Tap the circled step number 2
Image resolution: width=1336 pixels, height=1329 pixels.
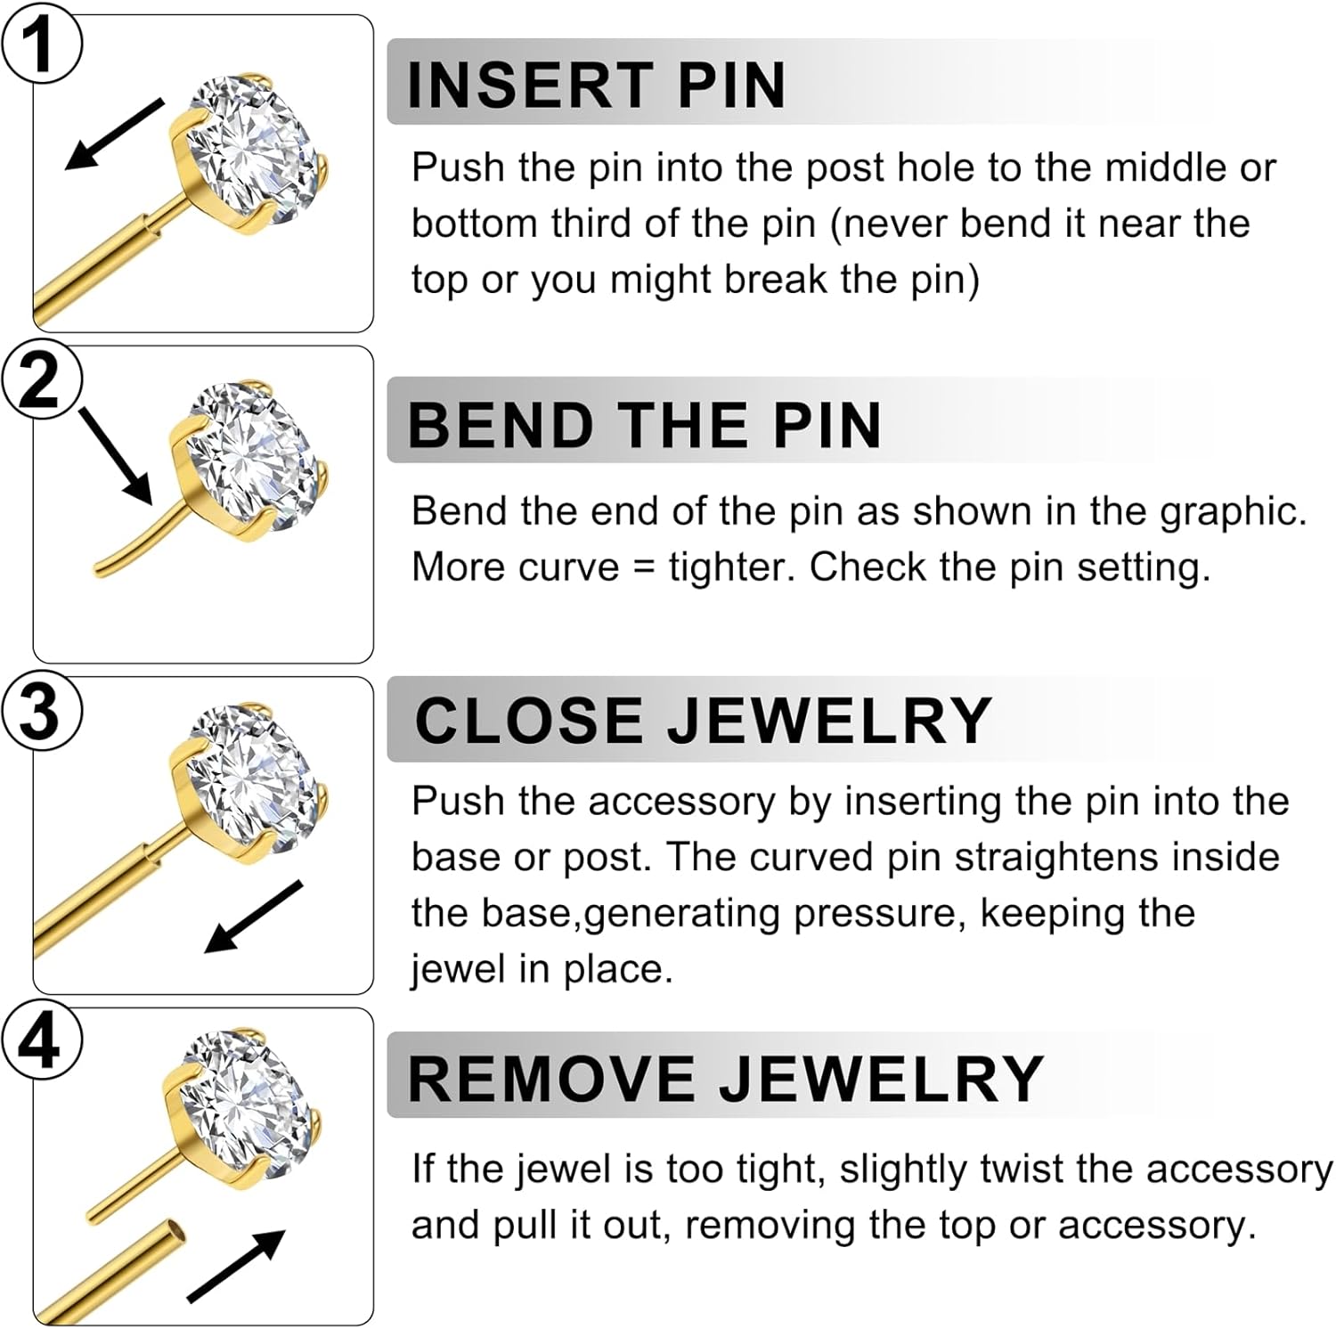pos(41,380)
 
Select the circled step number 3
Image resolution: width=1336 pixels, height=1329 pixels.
pos(41,712)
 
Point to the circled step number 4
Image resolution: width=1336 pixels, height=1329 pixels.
pos(41,1042)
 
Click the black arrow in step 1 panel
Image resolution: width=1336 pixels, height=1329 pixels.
pos(114,134)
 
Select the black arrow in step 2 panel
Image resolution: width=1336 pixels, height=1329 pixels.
pos(117,455)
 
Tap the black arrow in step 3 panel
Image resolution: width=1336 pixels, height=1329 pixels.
pos(255,917)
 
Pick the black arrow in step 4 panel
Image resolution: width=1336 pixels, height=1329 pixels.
pos(237,1266)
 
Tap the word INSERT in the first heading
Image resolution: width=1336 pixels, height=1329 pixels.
pos(530,86)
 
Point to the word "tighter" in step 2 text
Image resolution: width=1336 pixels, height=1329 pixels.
pos(731,567)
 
